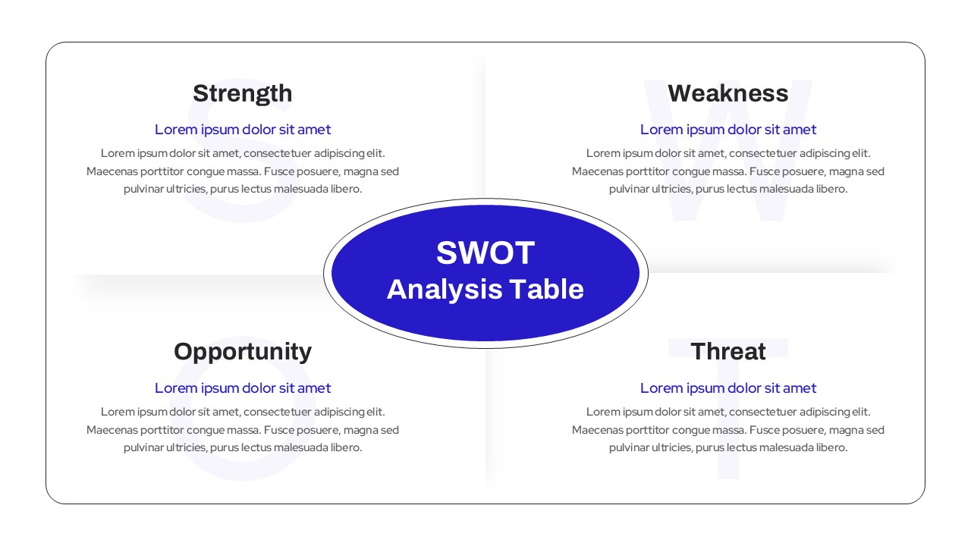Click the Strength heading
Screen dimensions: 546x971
coord(242,93)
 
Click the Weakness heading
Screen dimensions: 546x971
coord(727,93)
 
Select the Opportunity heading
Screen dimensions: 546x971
coord(242,352)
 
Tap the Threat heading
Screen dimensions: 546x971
coord(727,352)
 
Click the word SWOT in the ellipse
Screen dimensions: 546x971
coord(485,253)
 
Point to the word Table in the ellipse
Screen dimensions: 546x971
coord(546,290)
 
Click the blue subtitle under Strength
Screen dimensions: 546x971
coord(243,130)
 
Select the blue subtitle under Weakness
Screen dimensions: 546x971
coord(728,130)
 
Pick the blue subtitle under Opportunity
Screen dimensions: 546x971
coord(243,388)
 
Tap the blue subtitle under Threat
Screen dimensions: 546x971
coord(728,388)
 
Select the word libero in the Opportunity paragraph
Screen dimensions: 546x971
coord(346,448)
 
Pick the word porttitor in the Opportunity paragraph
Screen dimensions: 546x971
coord(163,430)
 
